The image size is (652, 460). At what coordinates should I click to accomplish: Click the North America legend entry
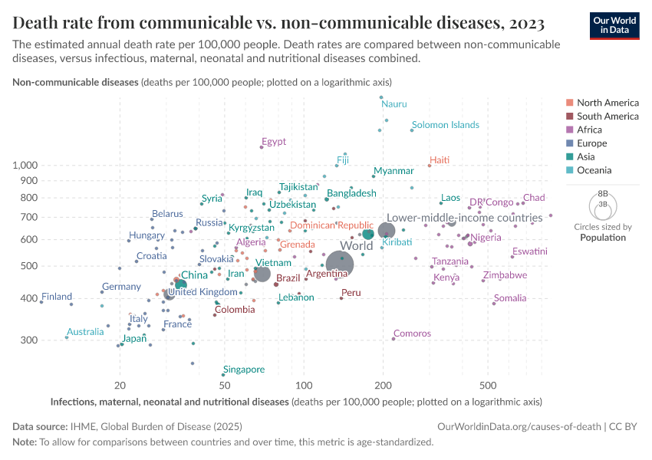tap(607, 103)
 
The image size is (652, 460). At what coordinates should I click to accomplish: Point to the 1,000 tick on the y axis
tap(25, 166)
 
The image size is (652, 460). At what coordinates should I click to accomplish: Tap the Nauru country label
tap(394, 104)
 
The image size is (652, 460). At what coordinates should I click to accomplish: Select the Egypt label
tap(273, 142)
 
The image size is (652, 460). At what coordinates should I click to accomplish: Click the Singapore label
tap(243, 370)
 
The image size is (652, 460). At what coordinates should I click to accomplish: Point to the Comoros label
tap(412, 334)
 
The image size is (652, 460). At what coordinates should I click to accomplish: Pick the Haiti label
tap(440, 160)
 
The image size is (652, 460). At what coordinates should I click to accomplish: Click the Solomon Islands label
tap(445, 125)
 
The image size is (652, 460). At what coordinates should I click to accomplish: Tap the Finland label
tap(57, 297)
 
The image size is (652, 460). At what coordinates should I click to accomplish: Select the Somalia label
tap(510, 298)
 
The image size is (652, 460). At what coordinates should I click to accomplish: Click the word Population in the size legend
tap(602, 238)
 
